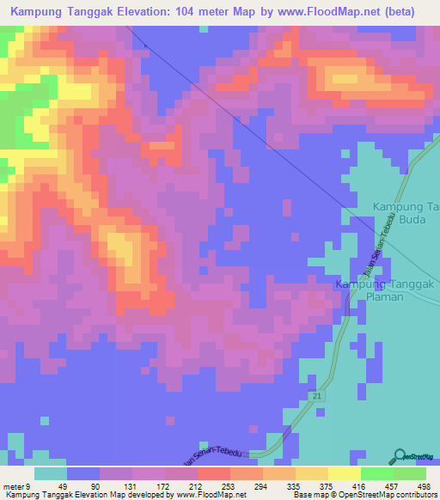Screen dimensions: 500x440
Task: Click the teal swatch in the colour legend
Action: [51, 473]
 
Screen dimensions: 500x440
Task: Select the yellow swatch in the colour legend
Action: [344, 473]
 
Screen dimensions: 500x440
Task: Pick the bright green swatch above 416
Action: [376, 473]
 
